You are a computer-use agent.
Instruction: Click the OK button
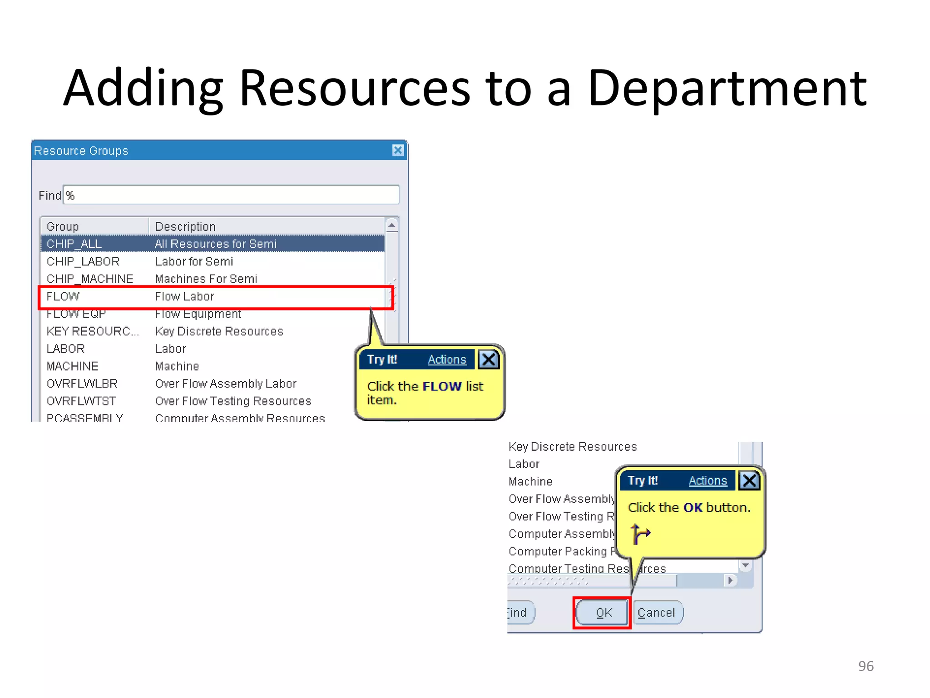pos(602,613)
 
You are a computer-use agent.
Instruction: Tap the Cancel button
pos(657,613)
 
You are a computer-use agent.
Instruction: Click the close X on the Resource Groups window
pos(398,150)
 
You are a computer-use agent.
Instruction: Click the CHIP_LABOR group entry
pos(83,262)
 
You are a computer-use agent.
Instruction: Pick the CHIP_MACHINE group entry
pos(90,279)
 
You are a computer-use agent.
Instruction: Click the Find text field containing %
pos(232,195)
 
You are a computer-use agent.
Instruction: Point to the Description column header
pos(185,226)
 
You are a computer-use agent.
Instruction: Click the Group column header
pos(63,226)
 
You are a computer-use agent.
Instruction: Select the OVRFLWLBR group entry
pos(82,384)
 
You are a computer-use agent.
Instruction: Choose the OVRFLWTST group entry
pos(82,401)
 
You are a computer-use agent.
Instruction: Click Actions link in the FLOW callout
pos(447,359)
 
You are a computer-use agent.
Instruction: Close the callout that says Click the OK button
pos(749,480)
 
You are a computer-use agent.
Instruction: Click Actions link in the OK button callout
pos(707,481)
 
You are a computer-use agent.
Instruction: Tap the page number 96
pos(866,666)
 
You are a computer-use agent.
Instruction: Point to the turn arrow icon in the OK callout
pos(640,533)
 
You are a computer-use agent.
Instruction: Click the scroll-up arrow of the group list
pos(391,225)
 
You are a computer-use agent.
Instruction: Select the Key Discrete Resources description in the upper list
pos(219,332)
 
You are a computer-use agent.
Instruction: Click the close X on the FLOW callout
pos(489,359)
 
